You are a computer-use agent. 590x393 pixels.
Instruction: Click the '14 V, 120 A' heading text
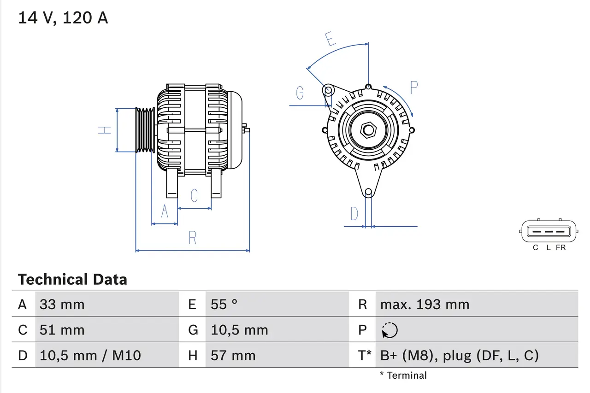[63, 18]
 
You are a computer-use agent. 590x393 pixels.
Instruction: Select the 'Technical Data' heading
[72, 279]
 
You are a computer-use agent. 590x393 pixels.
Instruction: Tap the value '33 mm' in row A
[62, 304]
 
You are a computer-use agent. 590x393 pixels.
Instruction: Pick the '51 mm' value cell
[62, 330]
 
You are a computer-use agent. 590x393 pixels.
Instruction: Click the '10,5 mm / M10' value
[90, 355]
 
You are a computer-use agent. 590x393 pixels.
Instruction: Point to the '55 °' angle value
[224, 304]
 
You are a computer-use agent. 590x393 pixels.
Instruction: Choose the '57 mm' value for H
[233, 355]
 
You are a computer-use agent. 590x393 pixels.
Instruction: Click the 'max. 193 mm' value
[425, 304]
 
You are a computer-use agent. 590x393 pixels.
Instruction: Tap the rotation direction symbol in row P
[389, 330]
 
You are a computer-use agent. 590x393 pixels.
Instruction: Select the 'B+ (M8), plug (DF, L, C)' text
[459, 355]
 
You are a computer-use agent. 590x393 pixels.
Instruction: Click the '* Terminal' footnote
[403, 375]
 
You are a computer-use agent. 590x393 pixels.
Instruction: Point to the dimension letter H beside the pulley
[105, 130]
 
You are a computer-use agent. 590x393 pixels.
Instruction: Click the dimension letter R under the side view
[193, 238]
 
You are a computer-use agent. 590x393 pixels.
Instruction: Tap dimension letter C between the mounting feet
[194, 195]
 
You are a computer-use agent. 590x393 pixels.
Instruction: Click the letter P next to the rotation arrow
[413, 88]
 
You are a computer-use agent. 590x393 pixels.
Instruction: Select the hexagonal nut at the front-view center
[368, 130]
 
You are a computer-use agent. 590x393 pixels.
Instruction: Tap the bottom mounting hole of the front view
[368, 192]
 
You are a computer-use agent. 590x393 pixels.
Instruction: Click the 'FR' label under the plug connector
[560, 247]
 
